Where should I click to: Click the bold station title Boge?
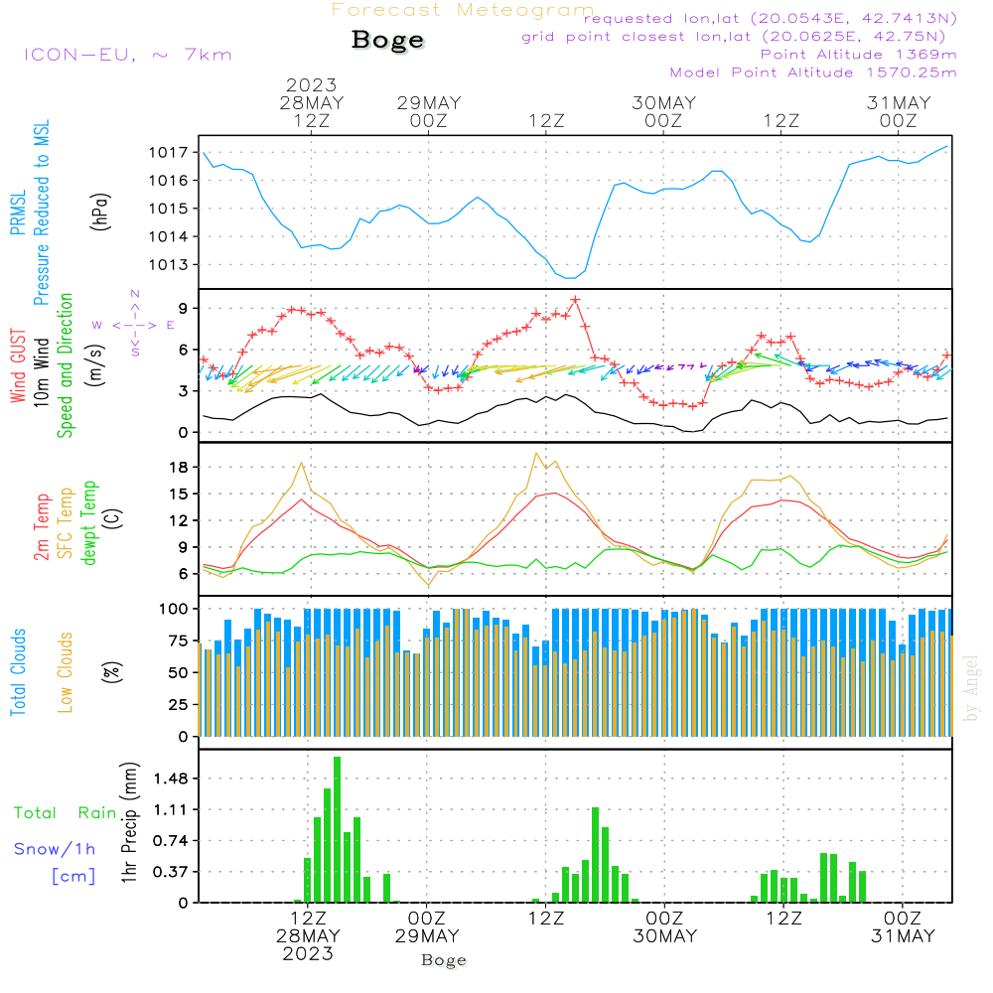pyautogui.click(x=387, y=41)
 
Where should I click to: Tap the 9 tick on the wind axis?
pyautogui.click(x=183, y=309)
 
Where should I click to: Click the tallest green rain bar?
pyautogui.click(x=338, y=829)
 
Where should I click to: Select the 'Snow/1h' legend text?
pyautogui.click(x=56, y=849)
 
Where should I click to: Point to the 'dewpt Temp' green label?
pyautogui.click(x=89, y=523)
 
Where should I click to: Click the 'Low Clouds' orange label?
pyautogui.click(x=66, y=671)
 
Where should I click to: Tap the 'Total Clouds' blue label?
pyautogui.click(x=19, y=671)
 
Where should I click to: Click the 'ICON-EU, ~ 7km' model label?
pyautogui.click(x=127, y=55)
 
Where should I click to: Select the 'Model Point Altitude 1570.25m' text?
pyautogui.click(x=813, y=72)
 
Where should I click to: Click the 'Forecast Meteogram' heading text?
pyautogui.click(x=463, y=10)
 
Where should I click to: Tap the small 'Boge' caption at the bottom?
pyautogui.click(x=444, y=960)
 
